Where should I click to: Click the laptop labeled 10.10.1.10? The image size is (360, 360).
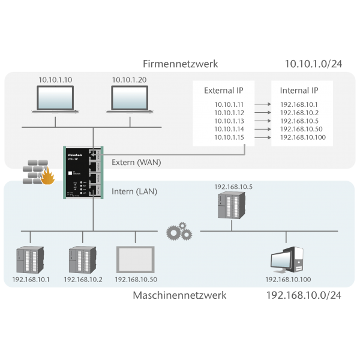click(55, 98)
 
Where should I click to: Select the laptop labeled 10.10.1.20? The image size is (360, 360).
click(128, 98)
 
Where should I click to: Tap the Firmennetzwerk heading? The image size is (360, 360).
click(180, 64)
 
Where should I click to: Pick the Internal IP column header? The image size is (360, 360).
click(299, 91)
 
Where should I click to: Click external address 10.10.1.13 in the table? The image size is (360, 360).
click(229, 121)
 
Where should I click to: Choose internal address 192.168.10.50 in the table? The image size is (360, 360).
click(301, 129)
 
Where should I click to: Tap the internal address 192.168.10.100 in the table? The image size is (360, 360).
click(303, 137)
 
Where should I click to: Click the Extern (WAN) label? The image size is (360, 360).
click(136, 162)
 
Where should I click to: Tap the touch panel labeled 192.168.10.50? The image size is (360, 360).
click(136, 259)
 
